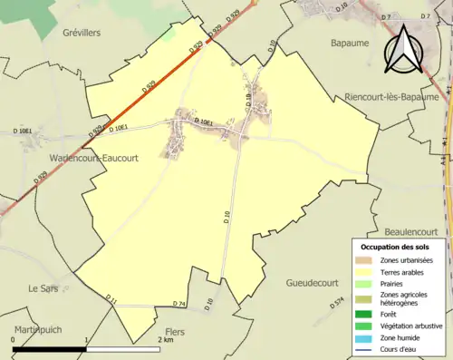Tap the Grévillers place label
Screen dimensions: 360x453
click(x=76, y=33)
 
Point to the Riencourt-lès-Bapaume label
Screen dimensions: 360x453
click(x=391, y=96)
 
